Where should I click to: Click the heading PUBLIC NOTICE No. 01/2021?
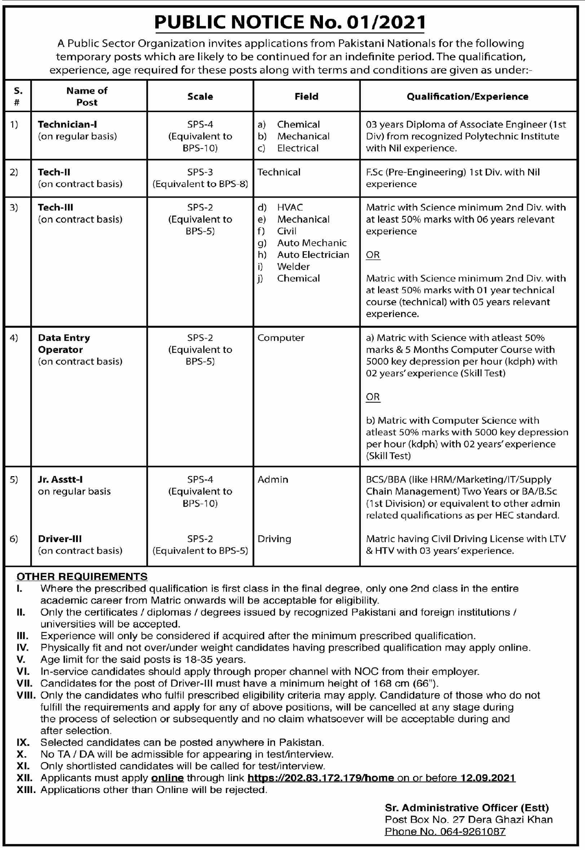(x=289, y=23)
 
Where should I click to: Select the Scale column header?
(x=200, y=96)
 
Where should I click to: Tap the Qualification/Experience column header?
(x=467, y=96)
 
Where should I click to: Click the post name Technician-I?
(x=67, y=124)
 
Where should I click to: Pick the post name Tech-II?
(x=54, y=172)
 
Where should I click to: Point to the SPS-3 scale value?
(x=200, y=172)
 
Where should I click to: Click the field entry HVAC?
(x=290, y=208)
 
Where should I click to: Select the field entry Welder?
(x=293, y=266)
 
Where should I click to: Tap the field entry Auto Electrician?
(x=313, y=255)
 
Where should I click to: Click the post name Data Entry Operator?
(x=64, y=344)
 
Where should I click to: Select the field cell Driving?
(x=274, y=539)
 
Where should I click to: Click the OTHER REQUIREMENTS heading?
(x=82, y=576)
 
